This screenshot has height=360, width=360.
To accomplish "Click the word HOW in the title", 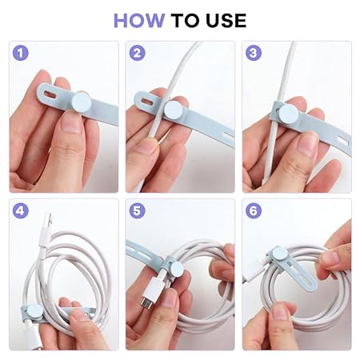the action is [139, 21].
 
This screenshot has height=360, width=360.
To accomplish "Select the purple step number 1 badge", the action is [21, 53].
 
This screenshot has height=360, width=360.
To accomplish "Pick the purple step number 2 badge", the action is [137, 53].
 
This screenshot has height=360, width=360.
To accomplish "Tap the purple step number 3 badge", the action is [254, 53].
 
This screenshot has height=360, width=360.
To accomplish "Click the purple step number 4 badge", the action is [21, 210].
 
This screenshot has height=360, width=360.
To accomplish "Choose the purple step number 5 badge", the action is [137, 210].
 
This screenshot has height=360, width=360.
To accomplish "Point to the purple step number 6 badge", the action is [254, 210].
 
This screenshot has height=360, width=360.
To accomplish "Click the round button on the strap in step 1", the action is [82, 102].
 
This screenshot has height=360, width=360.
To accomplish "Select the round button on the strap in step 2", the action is [174, 110].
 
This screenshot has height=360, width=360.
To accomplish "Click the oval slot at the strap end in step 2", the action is [147, 102].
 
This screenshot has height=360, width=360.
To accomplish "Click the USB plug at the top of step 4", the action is [46, 230].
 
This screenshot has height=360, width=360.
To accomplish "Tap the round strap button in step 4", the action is [34, 312].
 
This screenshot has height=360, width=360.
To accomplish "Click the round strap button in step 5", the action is [177, 270].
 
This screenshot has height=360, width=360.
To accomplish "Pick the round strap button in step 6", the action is [279, 253].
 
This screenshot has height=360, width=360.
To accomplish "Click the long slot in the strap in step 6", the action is [301, 274].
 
